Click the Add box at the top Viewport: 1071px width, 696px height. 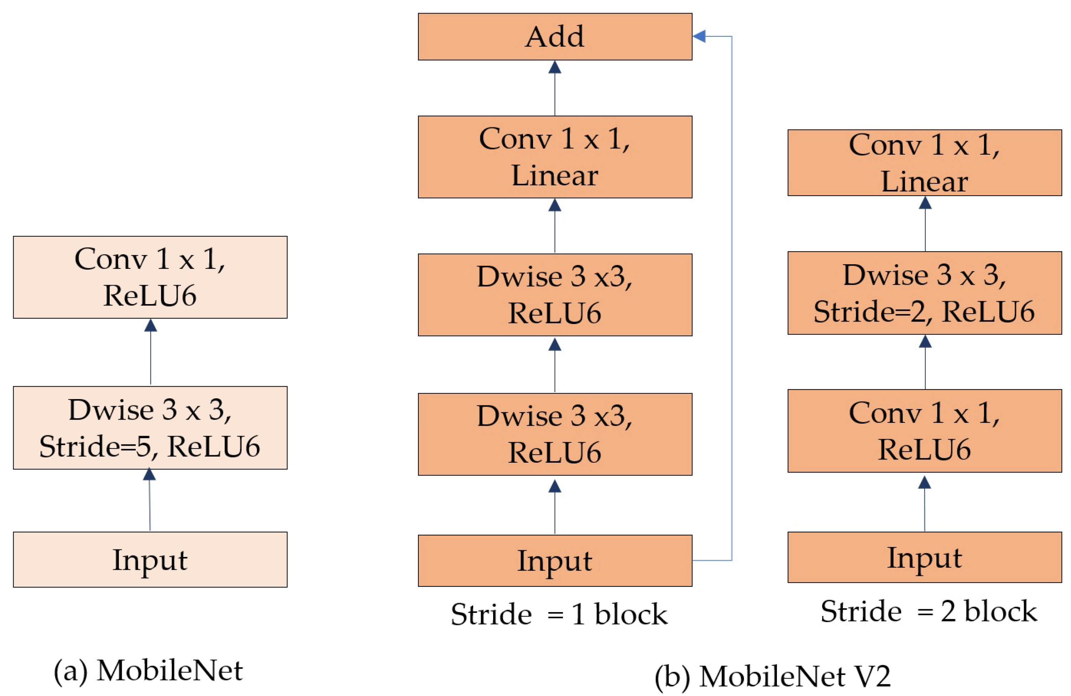(x=554, y=36)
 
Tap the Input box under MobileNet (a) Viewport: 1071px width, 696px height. (x=150, y=559)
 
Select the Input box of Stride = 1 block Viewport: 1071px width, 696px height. (x=554, y=560)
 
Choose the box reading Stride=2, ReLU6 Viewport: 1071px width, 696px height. (x=924, y=293)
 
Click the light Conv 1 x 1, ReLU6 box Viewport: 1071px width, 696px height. (x=150, y=277)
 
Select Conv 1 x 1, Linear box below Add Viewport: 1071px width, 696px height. (x=554, y=156)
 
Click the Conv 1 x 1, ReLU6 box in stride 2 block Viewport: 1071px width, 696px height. (x=924, y=430)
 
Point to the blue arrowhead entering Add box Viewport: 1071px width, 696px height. (x=699, y=36)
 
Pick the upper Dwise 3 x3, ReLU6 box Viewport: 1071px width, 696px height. (x=554, y=294)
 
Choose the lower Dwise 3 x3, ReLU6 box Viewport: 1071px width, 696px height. (x=554, y=434)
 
